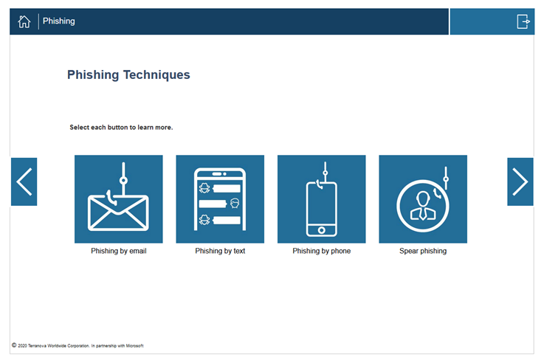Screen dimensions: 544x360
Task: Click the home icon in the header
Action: (24, 21)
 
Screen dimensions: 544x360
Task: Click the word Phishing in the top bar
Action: (58, 21)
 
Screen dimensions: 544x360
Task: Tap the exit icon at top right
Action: (523, 21)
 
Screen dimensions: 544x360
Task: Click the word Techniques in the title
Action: (156, 75)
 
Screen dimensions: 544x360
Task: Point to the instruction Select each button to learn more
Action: (121, 128)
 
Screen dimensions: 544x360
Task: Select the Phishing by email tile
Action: (119, 199)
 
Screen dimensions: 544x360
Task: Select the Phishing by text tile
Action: (220, 199)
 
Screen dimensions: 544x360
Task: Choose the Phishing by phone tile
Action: (322, 199)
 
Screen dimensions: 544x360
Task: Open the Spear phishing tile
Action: (423, 199)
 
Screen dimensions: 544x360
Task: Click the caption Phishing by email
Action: (119, 251)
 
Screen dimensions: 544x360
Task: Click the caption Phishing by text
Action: (220, 251)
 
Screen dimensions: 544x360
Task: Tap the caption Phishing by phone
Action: (322, 251)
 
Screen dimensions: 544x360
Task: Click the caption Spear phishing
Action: (423, 251)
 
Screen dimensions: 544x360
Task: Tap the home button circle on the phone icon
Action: (322, 230)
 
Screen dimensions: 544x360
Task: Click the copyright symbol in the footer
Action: (14, 345)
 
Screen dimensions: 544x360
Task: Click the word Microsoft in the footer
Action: (134, 346)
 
